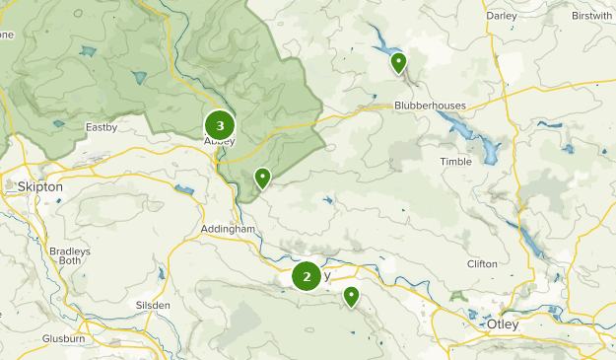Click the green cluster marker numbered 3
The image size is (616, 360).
point(220,125)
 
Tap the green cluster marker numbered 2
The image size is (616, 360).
point(307,277)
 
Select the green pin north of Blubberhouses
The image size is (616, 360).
point(398,64)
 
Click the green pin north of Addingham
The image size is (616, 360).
point(262,179)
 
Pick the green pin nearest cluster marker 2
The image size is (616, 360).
point(351,296)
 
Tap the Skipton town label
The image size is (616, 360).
point(39,186)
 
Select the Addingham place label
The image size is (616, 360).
point(228,229)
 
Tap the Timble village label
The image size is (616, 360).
point(456,161)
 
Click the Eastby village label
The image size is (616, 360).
point(102,126)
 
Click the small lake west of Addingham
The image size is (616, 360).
point(183,190)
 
